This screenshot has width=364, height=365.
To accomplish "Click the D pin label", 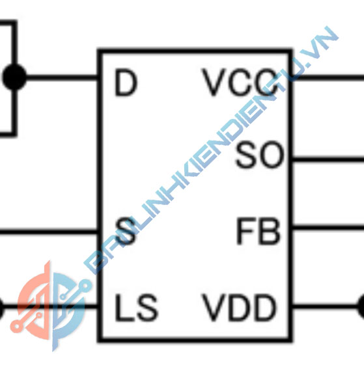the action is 126,83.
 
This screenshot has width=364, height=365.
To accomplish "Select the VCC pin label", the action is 241,82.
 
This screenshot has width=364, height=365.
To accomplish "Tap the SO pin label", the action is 260,155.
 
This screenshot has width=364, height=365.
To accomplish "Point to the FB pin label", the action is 259,231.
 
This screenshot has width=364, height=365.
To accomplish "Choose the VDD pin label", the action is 238,307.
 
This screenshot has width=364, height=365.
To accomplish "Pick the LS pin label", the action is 137,307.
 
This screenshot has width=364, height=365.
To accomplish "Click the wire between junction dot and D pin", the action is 62,77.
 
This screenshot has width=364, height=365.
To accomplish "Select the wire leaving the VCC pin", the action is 328,77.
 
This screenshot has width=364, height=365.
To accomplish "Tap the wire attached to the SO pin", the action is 328,159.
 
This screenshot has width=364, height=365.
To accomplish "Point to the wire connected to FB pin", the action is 328,227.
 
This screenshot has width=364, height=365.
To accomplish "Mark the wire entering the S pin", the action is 49,232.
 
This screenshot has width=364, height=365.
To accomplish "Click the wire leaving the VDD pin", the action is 326,305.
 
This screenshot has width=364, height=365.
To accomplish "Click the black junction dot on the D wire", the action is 14,77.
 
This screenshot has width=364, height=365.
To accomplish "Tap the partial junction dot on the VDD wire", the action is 361,305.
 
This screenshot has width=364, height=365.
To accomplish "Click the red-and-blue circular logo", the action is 51,306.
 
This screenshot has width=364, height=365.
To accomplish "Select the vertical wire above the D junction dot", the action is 14,43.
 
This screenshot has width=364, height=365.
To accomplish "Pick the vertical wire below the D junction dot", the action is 14,112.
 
